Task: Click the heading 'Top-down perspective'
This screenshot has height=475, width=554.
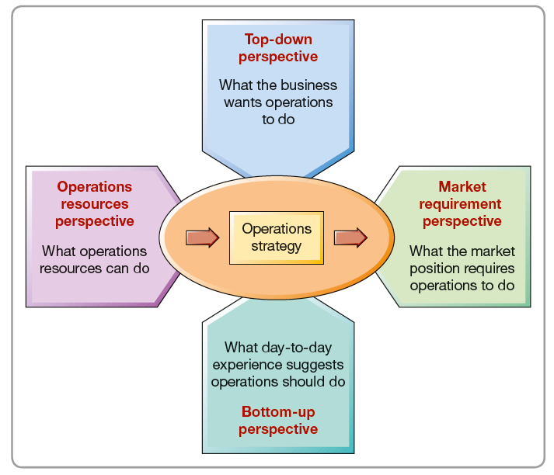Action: point(277,47)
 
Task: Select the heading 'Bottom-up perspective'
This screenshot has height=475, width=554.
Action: point(277,420)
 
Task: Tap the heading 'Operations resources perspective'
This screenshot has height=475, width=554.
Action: point(95,204)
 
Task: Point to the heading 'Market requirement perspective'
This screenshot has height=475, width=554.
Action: point(462,204)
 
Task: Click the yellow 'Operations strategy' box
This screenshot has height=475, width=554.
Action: point(277,237)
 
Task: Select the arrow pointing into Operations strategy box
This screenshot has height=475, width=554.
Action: point(203,237)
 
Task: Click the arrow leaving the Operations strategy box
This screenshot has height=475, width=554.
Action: point(350,237)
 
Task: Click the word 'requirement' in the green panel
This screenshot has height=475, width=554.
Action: point(462,204)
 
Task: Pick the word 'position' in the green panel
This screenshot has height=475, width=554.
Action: point(439,268)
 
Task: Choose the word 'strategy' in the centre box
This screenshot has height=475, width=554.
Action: point(277,246)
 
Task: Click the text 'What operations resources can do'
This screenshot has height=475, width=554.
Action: point(95,259)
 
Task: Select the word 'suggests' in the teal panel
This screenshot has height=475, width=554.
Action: point(316,365)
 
